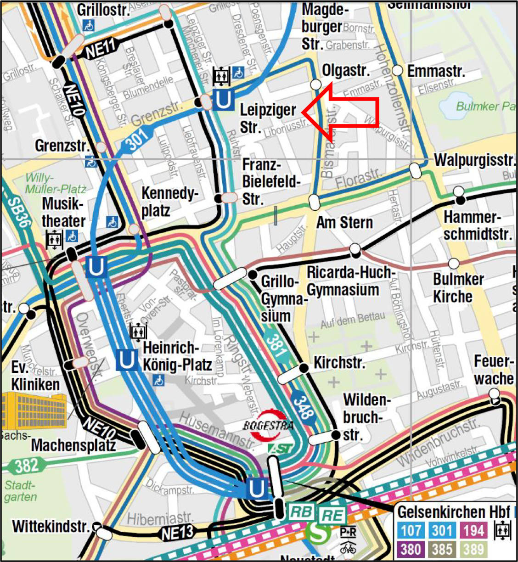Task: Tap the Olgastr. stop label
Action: click(345, 70)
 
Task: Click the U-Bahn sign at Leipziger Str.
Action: click(224, 99)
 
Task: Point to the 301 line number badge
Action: click(136, 138)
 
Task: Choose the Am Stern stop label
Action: click(344, 223)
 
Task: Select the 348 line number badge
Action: click(303, 406)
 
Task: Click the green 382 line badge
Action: click(26, 466)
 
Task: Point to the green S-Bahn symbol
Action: click(318, 533)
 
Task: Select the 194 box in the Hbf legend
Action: click(473, 531)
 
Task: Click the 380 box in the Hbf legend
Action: click(411, 549)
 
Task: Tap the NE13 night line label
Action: click(177, 533)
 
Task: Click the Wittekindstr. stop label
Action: click(50, 526)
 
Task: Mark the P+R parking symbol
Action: click(348, 532)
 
